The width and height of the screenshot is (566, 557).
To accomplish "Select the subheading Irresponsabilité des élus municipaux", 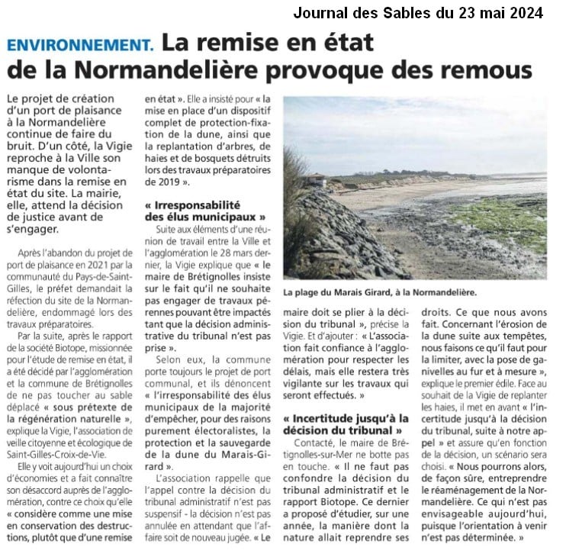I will click(200, 211).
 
